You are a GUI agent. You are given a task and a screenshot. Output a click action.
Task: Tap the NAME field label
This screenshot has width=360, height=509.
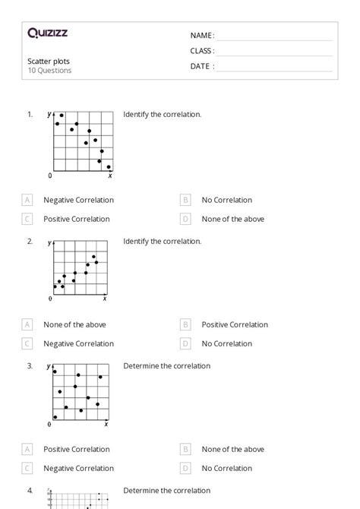click(x=201, y=36)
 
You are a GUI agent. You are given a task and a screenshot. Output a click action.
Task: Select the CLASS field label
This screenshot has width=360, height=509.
click(x=202, y=51)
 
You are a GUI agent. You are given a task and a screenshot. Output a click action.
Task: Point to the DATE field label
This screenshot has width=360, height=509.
click(x=201, y=66)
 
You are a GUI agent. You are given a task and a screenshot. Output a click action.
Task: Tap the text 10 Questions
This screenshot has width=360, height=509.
click(x=49, y=71)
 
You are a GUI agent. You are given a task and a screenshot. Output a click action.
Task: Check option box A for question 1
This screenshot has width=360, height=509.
click(x=27, y=200)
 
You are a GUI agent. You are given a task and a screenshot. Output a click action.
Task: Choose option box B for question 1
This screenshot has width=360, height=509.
click(x=185, y=200)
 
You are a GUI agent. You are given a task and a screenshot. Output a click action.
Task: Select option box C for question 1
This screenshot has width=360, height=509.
click(x=27, y=219)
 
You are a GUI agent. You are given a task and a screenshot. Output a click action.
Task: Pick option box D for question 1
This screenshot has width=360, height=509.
click(x=185, y=219)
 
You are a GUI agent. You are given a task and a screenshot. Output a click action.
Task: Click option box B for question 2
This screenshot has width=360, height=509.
click(x=185, y=324)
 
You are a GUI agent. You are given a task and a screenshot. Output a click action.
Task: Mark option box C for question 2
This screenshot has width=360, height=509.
click(x=27, y=343)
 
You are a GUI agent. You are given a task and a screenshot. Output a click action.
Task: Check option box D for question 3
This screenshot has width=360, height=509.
click(x=185, y=468)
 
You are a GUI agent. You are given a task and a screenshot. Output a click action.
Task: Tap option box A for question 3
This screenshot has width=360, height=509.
click(x=27, y=449)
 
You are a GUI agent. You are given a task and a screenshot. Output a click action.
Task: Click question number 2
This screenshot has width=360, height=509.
click(x=30, y=241)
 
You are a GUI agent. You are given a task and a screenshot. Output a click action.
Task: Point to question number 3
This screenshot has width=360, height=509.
click(x=30, y=365)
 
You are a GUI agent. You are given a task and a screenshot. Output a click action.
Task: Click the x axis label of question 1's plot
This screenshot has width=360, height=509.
click(x=110, y=175)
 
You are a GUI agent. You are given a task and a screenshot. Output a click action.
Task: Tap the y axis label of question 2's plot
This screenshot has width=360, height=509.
click(x=49, y=243)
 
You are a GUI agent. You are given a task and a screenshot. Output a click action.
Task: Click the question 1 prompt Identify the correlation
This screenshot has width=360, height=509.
click(x=162, y=115)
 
